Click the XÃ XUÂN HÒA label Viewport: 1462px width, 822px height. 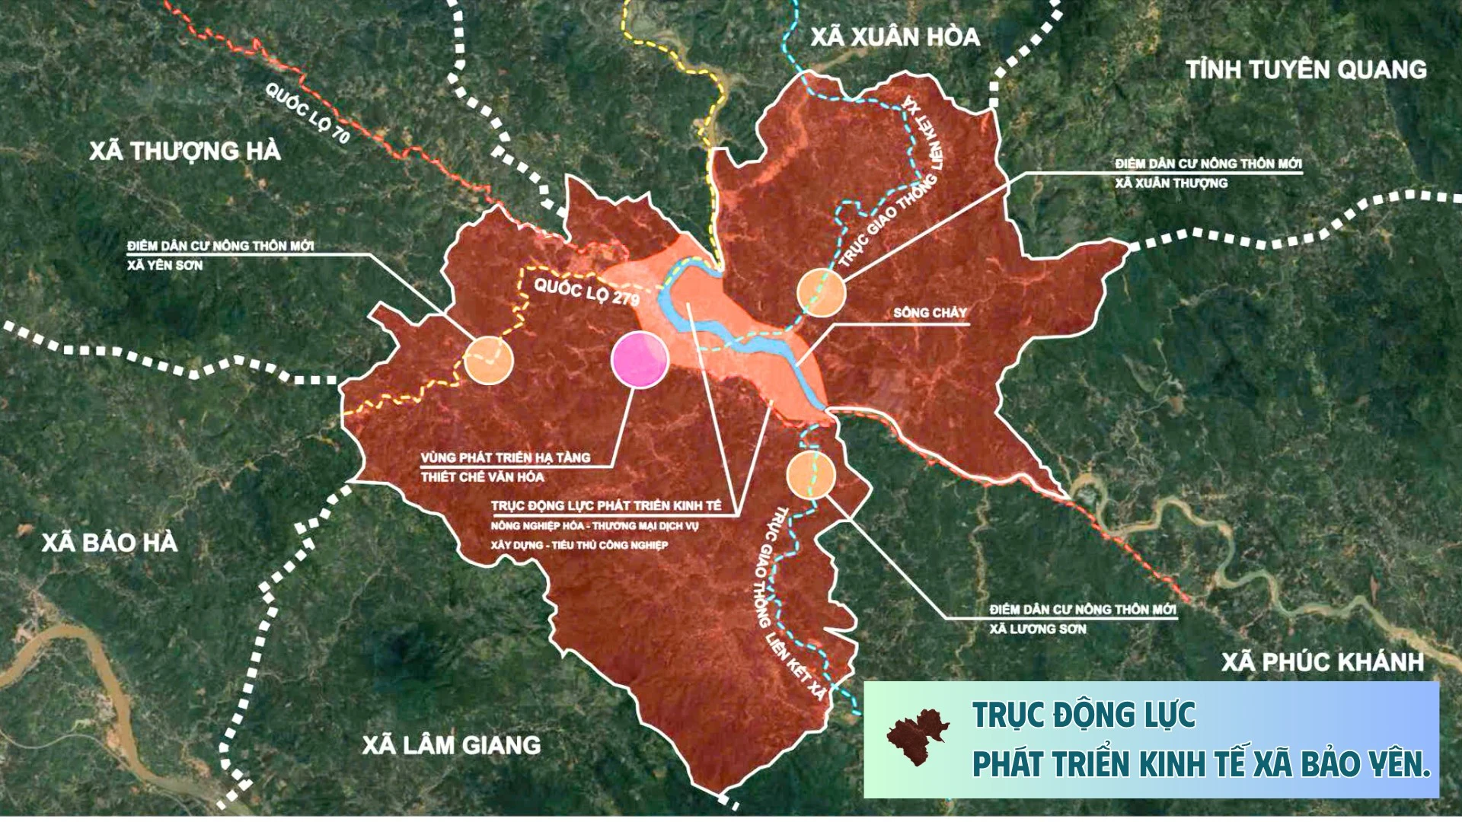click(895, 37)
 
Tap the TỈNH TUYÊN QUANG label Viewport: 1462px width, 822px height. click(1307, 70)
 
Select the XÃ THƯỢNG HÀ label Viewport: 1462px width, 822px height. click(185, 151)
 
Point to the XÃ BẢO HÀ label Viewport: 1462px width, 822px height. click(110, 543)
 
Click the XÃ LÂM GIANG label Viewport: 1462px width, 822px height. click(452, 744)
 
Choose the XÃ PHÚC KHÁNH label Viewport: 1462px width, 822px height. click(1323, 662)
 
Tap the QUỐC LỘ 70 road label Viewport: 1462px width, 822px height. click(308, 113)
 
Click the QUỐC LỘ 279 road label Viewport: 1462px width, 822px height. click(586, 292)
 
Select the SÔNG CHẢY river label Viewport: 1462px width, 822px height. click(930, 313)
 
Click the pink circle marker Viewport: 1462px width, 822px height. click(640, 360)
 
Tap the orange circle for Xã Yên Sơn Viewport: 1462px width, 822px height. click(489, 359)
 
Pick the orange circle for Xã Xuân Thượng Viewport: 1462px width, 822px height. click(821, 292)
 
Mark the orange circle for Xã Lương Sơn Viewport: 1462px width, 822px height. click(812, 474)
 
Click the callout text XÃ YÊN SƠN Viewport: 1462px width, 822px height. click(165, 266)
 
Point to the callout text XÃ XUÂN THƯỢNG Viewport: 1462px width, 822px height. click(1171, 183)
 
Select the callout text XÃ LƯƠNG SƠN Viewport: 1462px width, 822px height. click(1038, 629)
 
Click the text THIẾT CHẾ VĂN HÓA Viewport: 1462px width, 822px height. click(483, 477)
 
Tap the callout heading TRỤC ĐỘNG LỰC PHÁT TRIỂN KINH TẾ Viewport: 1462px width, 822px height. click(605, 506)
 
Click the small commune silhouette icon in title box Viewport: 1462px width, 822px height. click(918, 737)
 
